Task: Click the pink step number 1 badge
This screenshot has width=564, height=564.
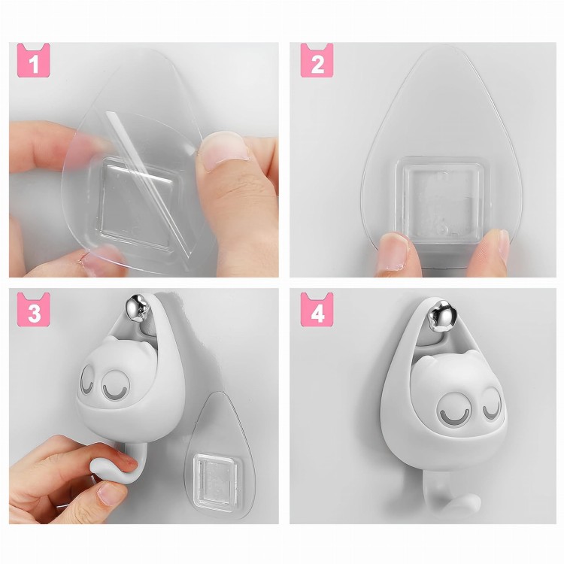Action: tap(33, 60)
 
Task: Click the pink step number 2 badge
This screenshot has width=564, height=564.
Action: tap(317, 60)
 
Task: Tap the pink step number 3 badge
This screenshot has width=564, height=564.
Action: tap(33, 310)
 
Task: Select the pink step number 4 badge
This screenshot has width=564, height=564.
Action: tap(317, 310)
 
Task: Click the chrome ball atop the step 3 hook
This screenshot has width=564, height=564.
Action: tap(138, 307)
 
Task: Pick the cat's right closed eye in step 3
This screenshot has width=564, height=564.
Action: tap(114, 387)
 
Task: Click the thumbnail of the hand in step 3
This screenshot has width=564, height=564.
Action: tap(108, 494)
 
